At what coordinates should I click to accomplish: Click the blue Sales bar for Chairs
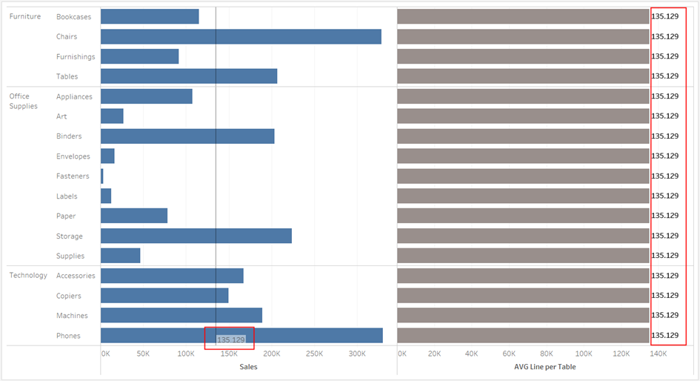pyautogui.click(x=241, y=36)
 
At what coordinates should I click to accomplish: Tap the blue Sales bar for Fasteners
pyautogui.click(x=102, y=176)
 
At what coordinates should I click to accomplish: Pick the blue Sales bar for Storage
pyautogui.click(x=196, y=236)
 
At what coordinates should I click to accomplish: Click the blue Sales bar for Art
pyautogui.click(x=112, y=116)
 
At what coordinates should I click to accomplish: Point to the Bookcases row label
pyautogui.click(x=73, y=16)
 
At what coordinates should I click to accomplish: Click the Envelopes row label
pyautogui.click(x=73, y=156)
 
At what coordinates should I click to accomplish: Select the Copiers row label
pyautogui.click(x=69, y=296)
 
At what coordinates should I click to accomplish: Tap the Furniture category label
pyautogui.click(x=24, y=16)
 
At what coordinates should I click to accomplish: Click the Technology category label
pyautogui.click(x=28, y=275)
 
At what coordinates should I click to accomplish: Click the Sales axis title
pyautogui.click(x=248, y=367)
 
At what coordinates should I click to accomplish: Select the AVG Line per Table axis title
pyautogui.click(x=544, y=367)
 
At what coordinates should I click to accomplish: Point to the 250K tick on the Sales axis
pyautogui.click(x=315, y=354)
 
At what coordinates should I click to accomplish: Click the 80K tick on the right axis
pyautogui.click(x=547, y=354)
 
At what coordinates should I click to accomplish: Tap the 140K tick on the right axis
pyautogui.click(x=658, y=354)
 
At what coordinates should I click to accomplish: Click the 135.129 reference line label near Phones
pyautogui.click(x=230, y=339)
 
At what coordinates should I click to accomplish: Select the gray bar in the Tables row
pyautogui.click(x=523, y=76)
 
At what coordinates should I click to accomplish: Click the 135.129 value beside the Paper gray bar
pyautogui.click(x=664, y=216)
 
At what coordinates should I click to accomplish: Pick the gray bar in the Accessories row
pyautogui.click(x=523, y=276)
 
